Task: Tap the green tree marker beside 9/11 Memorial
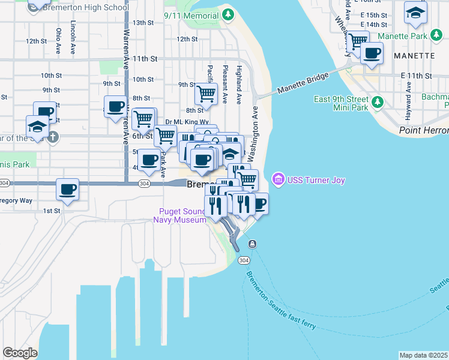(228, 13)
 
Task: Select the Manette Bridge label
(303, 83)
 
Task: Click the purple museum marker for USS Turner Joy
(277, 179)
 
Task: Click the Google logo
(20, 352)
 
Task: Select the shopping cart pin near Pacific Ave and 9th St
(206, 94)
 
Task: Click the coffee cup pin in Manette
(372, 53)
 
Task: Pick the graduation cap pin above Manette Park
(415, 13)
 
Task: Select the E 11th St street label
(416, 76)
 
